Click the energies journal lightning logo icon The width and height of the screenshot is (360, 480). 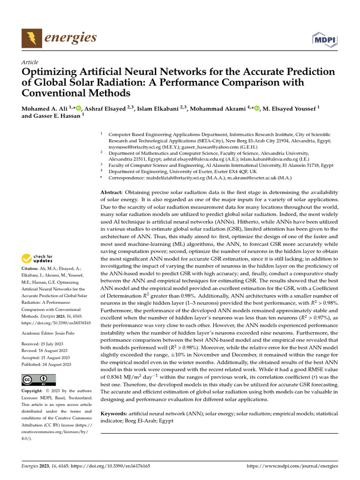[x=32, y=37]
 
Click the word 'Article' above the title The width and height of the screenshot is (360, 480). [x=30, y=62]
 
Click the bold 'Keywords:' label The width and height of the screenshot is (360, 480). [x=114, y=413]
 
